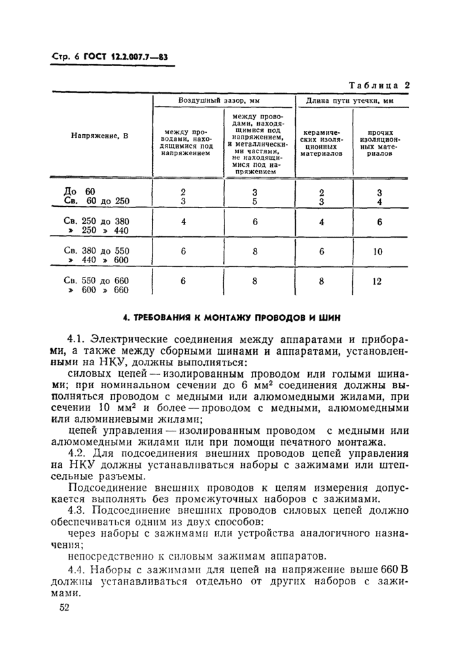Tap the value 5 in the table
[255, 201]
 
